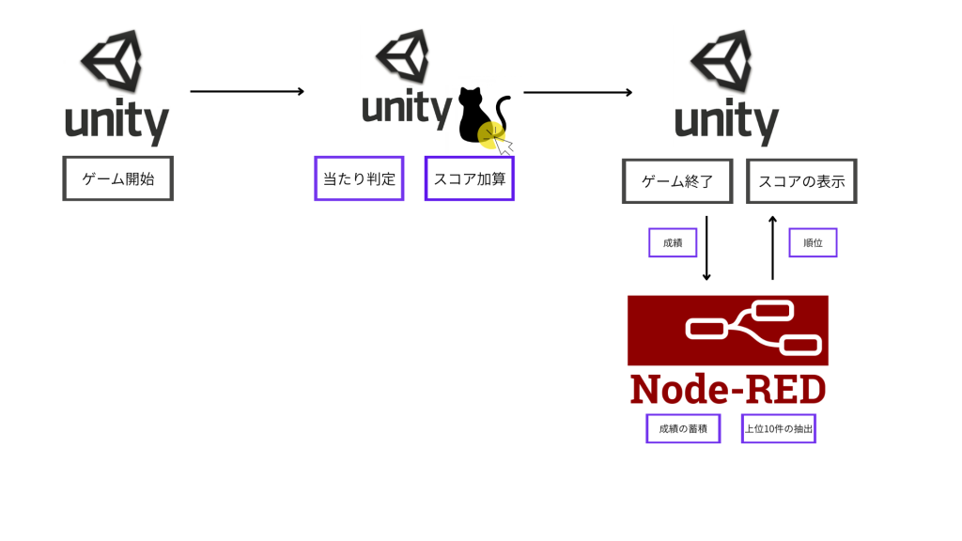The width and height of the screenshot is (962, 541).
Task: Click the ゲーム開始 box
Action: pyautogui.click(x=118, y=178)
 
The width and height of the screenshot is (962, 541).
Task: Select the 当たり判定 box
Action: pyautogui.click(x=359, y=178)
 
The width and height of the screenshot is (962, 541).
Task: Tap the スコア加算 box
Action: pyautogui.click(x=470, y=178)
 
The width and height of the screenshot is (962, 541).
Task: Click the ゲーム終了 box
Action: pyautogui.click(x=677, y=181)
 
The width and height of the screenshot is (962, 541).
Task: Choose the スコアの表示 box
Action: pyautogui.click(x=801, y=181)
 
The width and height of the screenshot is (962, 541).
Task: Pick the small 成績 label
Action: pyautogui.click(x=673, y=242)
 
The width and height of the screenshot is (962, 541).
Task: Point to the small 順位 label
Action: pyautogui.click(x=813, y=242)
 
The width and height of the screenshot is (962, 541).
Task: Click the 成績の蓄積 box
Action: pyautogui.click(x=683, y=428)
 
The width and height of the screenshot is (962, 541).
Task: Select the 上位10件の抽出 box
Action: pyautogui.click(x=779, y=428)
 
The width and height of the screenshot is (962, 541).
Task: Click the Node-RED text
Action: pyautogui.click(x=727, y=389)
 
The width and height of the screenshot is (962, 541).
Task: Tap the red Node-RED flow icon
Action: pyautogui.click(x=727, y=330)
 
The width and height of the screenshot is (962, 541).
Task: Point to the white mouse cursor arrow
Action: pyautogui.click(x=505, y=146)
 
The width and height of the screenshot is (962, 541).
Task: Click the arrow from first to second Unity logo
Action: pyautogui.click(x=247, y=91)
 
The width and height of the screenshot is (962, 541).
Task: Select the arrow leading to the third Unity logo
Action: pyautogui.click(x=577, y=92)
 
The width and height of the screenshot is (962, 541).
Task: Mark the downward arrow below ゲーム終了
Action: pyautogui.click(x=706, y=248)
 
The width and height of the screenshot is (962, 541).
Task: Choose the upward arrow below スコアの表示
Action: pyautogui.click(x=772, y=248)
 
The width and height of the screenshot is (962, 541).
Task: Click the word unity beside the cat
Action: pyautogui.click(x=408, y=109)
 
